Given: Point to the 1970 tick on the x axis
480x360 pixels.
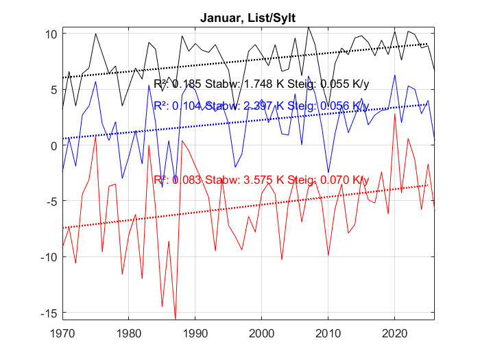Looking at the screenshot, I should (x=62, y=334).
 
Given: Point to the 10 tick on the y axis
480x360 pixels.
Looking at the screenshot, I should (x=51, y=34).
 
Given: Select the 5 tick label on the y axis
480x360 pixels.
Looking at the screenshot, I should (x=53, y=90).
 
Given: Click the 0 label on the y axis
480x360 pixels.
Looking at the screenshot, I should (x=53, y=145).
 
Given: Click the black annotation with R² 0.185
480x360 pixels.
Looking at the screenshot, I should (x=261, y=84).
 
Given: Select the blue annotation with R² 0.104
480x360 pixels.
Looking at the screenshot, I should (x=261, y=106).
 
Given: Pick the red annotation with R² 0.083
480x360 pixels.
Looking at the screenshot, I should (x=261, y=180).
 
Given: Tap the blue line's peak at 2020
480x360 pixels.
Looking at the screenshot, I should (x=394, y=75).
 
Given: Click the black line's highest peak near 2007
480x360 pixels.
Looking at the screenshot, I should (x=309, y=27).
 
